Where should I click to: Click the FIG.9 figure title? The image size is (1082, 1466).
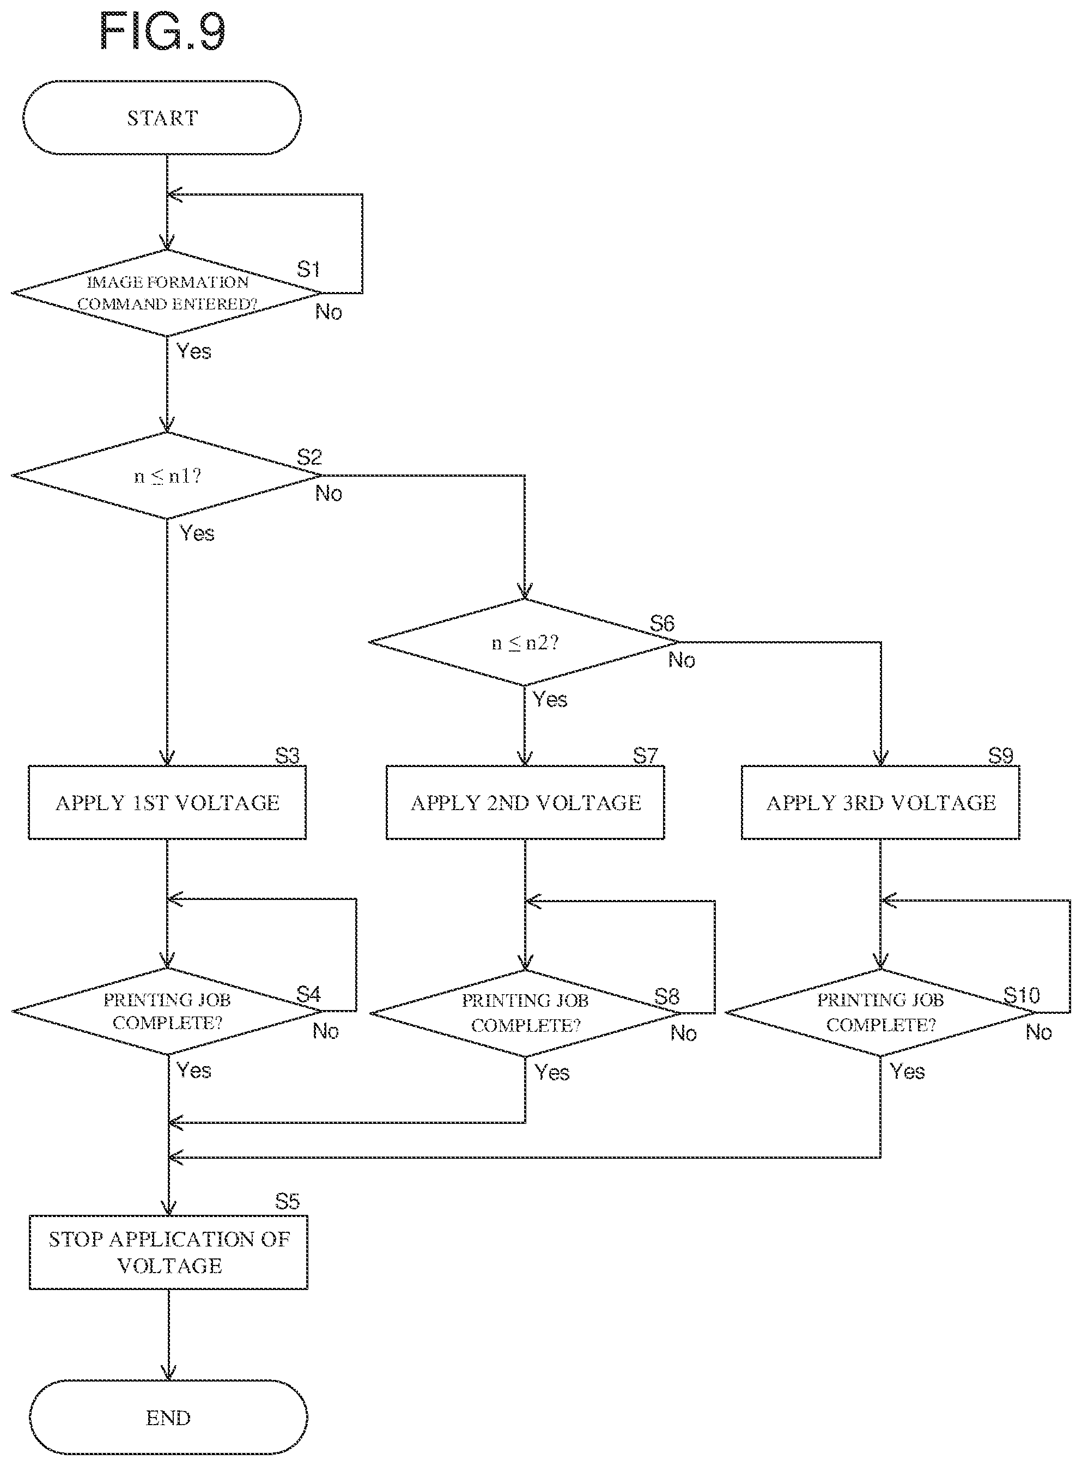(162, 32)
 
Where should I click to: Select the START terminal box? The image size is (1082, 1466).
(162, 118)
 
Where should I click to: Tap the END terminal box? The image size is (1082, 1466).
(168, 1418)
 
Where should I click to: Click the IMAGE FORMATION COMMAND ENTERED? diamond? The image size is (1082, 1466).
(167, 293)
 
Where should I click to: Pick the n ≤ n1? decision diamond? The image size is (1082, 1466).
(167, 476)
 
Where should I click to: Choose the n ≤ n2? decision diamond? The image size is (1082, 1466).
(524, 642)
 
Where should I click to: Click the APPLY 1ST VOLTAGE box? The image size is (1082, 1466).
(167, 802)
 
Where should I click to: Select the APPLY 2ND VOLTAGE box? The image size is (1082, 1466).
(525, 802)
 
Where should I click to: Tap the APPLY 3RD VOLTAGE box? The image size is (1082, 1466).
(880, 802)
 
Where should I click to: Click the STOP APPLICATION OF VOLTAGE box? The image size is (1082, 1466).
(168, 1252)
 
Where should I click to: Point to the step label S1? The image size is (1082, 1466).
(308, 269)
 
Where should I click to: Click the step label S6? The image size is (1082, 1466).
(662, 623)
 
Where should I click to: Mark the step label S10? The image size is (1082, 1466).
(1022, 996)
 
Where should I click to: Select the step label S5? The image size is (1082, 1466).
(288, 1201)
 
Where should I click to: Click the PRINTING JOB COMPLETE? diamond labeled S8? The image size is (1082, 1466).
(525, 1013)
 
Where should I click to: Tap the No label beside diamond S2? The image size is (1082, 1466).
(329, 493)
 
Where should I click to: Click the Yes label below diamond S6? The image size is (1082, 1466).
(550, 699)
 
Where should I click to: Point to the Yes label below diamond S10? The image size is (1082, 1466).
(907, 1071)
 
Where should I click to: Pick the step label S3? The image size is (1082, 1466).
(288, 756)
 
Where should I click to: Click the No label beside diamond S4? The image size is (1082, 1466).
(325, 1031)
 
